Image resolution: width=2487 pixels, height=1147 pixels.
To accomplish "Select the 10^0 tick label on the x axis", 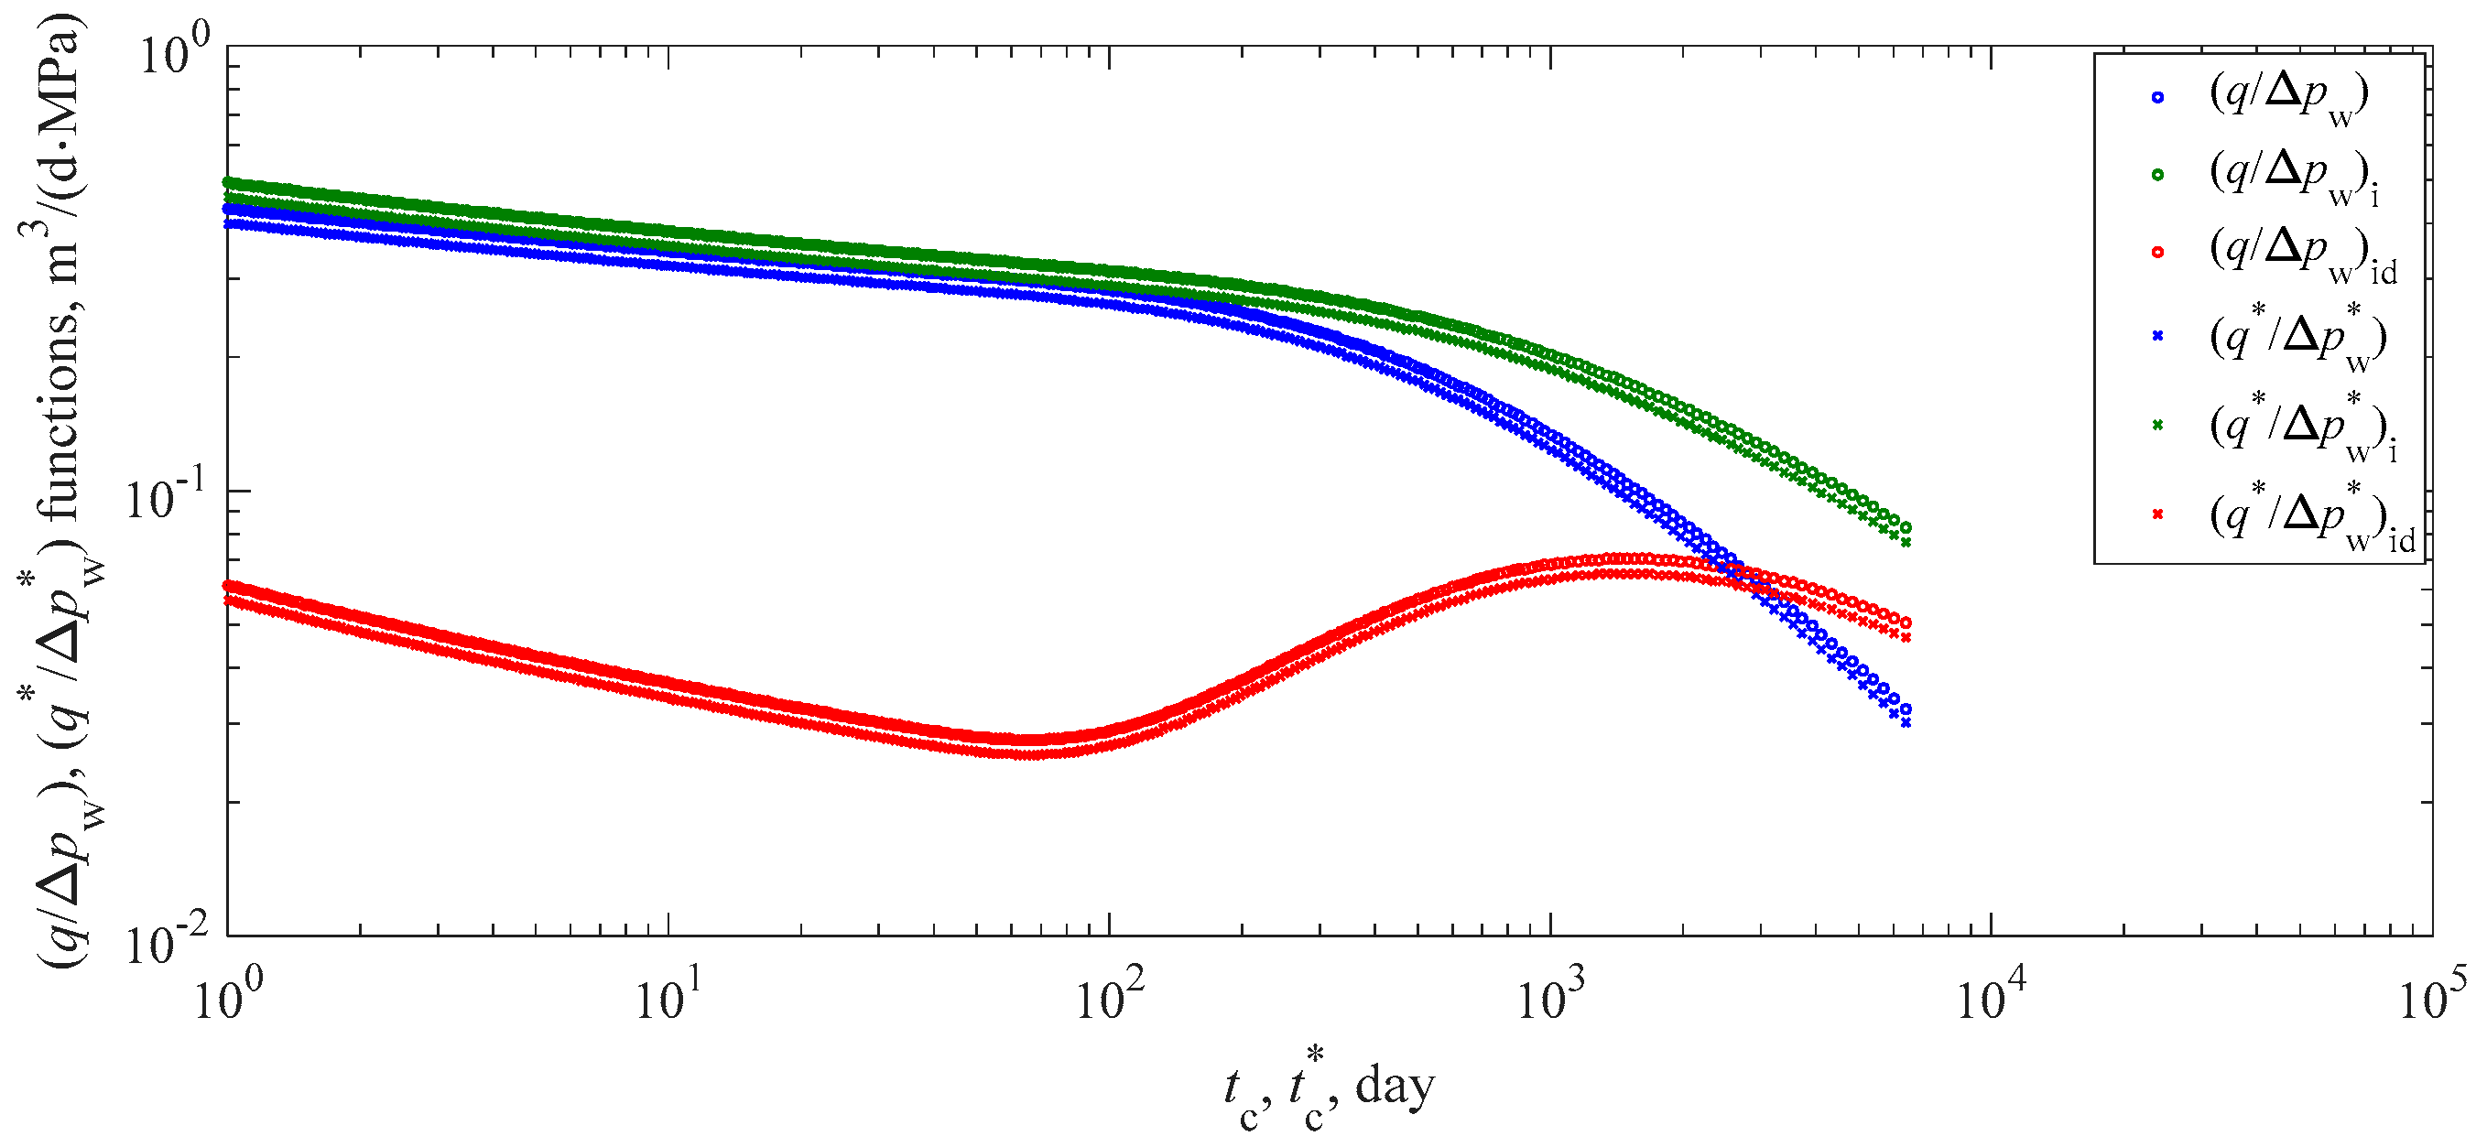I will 229,999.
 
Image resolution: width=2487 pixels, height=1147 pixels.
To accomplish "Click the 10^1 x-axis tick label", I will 668,999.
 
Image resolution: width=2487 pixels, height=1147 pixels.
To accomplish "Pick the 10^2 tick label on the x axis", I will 1109,999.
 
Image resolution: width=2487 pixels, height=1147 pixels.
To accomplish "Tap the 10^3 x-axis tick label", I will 1550,999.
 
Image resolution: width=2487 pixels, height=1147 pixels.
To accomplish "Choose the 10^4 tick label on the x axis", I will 1991,999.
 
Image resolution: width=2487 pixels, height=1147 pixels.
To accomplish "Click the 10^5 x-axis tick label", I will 2432,999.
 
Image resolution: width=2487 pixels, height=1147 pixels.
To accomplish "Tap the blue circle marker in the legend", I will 2156,96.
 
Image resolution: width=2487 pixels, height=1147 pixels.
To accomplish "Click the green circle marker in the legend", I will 2156,175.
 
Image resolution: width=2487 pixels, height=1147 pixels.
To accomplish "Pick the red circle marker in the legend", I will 2156,252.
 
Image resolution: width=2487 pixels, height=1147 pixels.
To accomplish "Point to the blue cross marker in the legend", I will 2156,336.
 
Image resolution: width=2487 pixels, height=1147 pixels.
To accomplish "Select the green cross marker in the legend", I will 2156,425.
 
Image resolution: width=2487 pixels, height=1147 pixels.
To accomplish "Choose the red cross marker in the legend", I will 2156,514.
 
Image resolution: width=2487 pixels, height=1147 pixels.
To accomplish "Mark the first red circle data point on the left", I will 229,585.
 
